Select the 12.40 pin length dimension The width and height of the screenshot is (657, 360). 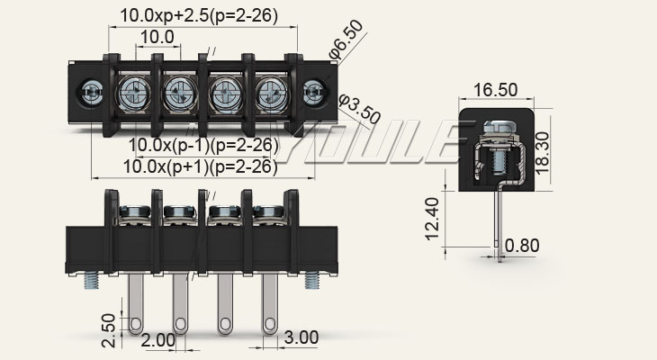[x=433, y=219]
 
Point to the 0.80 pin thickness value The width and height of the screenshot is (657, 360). [x=523, y=245]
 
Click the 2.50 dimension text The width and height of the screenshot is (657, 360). [x=108, y=328]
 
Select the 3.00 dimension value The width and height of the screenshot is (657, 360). [x=301, y=337]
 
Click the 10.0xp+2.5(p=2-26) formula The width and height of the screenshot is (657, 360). [x=199, y=15]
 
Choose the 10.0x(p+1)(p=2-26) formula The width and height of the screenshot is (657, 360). [x=200, y=166]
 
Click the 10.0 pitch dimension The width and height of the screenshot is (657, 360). [x=157, y=37]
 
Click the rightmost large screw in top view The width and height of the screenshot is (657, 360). [x=270, y=92]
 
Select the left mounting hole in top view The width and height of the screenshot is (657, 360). [x=90, y=91]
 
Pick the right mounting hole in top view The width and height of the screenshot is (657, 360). [x=313, y=91]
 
